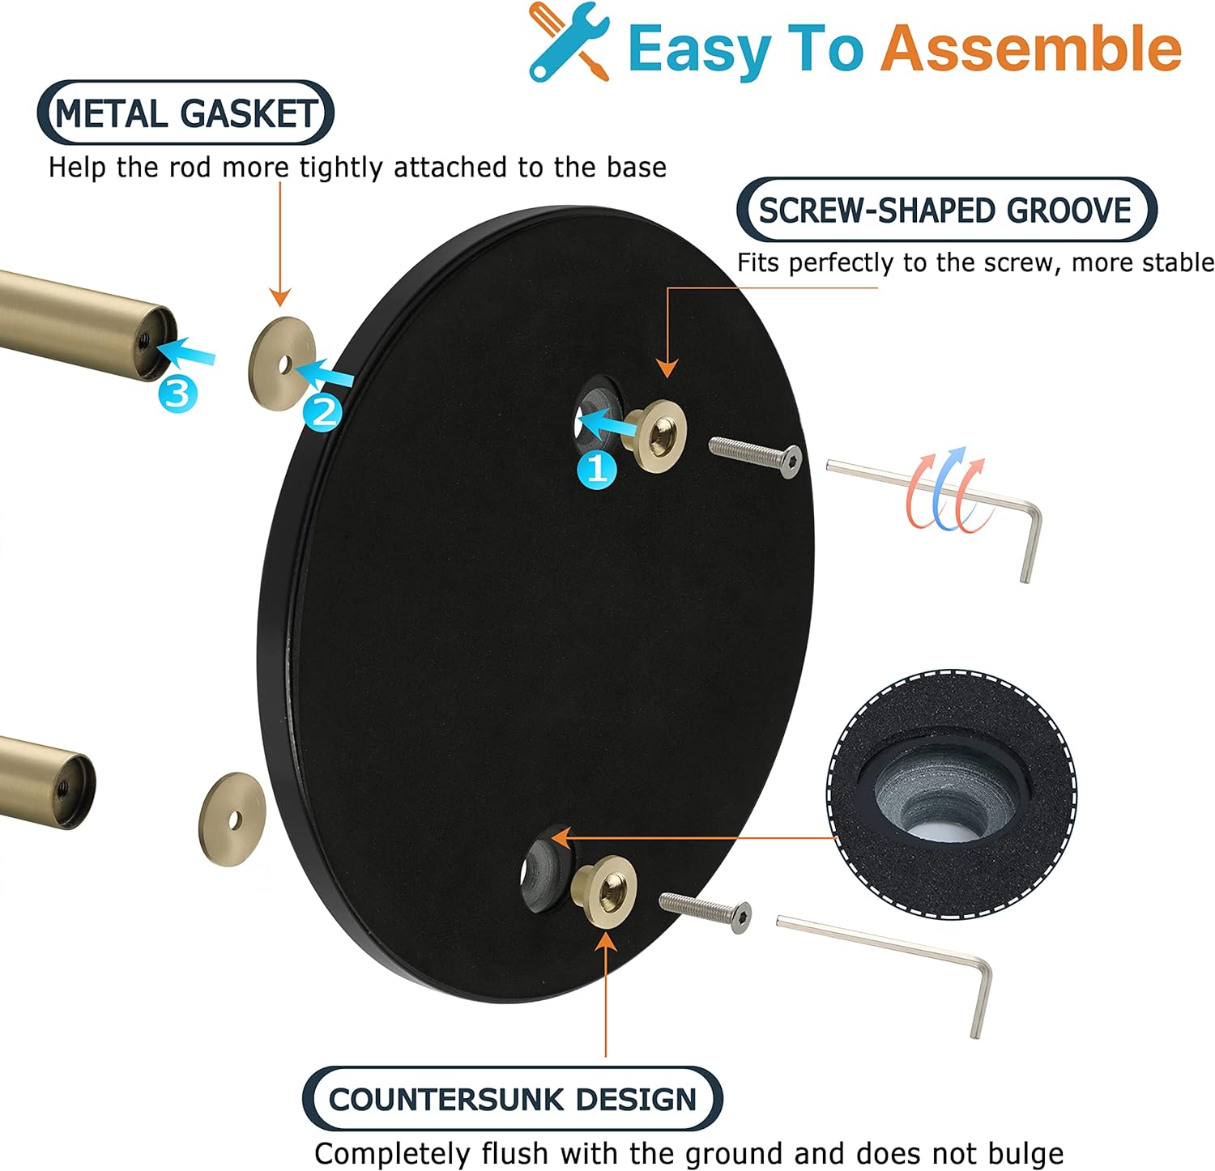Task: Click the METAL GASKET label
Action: pyautogui.click(x=185, y=113)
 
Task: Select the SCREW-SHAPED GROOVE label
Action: pyautogui.click(x=946, y=211)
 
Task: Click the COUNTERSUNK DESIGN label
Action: pyautogui.click(x=512, y=1099)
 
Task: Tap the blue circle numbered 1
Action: pyautogui.click(x=597, y=468)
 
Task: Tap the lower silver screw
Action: pyautogui.click(x=705, y=912)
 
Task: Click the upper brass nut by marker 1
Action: pyautogui.click(x=659, y=436)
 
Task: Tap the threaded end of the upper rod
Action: pyautogui.click(x=151, y=343)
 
